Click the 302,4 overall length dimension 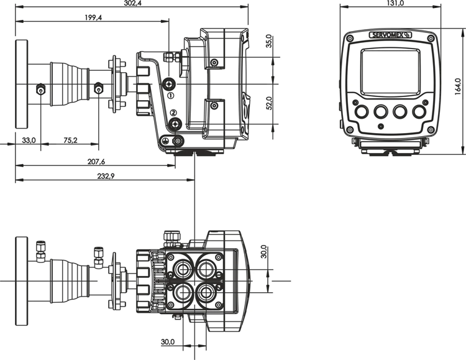click(x=131, y=4)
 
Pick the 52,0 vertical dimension click(x=268, y=104)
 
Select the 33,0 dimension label click(x=29, y=141)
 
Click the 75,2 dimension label click(x=70, y=141)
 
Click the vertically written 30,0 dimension click(x=263, y=252)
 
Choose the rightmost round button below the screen click(x=422, y=111)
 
